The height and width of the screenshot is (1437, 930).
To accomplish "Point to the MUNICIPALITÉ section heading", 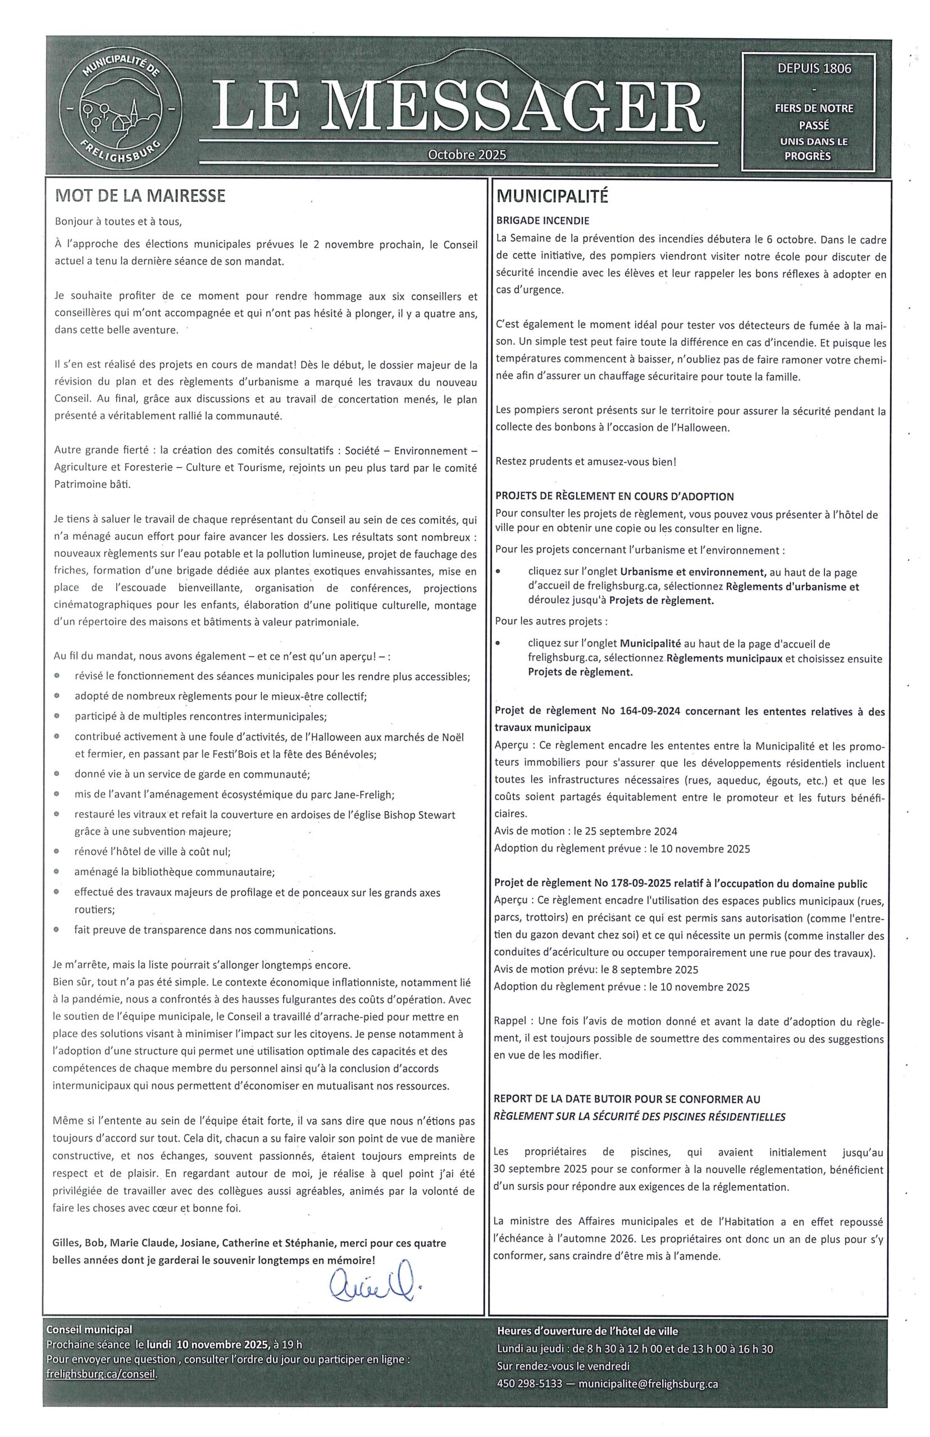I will (x=551, y=197).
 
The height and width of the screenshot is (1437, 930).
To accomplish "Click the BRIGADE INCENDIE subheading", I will (x=542, y=221).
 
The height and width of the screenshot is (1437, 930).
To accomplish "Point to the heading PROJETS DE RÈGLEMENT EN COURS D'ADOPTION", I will (x=614, y=497).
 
